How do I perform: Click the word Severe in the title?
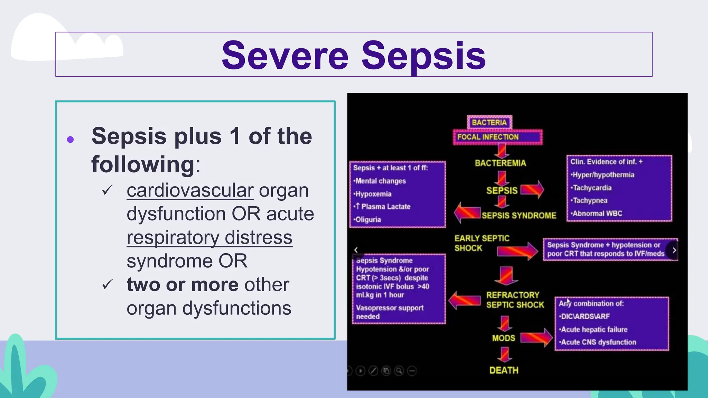click(285, 55)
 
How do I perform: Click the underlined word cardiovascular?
click(190, 190)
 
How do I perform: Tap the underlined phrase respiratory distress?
click(209, 238)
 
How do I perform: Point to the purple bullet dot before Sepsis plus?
click(70, 140)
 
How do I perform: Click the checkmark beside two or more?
click(108, 284)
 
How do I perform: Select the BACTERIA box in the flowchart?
click(489, 122)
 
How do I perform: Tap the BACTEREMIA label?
click(500, 163)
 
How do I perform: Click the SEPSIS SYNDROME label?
click(519, 216)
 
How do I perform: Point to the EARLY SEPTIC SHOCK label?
click(481, 243)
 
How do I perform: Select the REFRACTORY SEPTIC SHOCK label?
click(514, 300)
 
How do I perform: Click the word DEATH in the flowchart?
click(504, 370)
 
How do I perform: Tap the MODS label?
click(503, 338)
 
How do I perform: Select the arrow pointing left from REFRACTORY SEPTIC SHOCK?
click(465, 300)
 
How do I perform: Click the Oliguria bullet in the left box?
click(368, 220)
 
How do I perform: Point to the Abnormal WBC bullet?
click(597, 214)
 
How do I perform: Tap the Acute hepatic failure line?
click(594, 330)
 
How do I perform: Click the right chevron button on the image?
click(674, 250)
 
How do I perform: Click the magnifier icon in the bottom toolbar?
click(399, 371)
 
